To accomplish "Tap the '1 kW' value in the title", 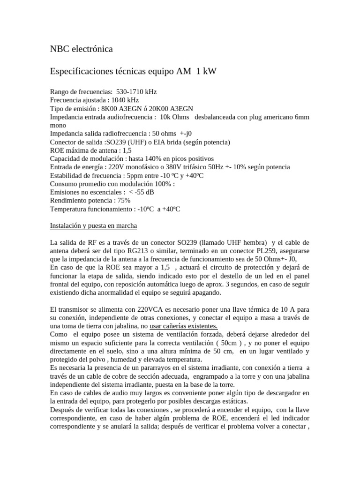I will pyautogui.click(x=206, y=71).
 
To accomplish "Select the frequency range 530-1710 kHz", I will pyautogui.click(x=142, y=92).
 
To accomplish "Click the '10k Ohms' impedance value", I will pyautogui.click(x=174, y=117).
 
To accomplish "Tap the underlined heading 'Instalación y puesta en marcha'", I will pyautogui.click(x=93, y=225).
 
